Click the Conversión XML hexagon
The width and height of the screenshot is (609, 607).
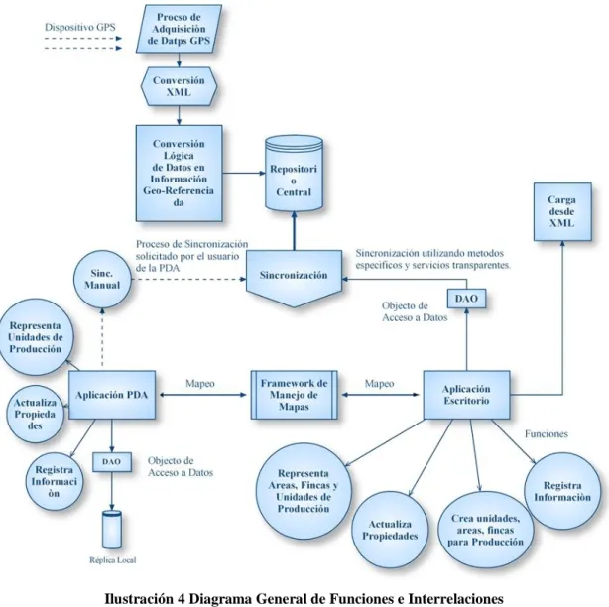179,86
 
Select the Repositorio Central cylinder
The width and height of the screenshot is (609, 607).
294,174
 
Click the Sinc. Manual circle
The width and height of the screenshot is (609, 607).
102,280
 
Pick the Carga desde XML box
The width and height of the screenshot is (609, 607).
562,211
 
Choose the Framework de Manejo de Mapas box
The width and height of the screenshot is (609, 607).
294,395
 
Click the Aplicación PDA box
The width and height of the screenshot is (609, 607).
112,395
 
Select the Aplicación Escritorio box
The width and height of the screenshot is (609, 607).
466,395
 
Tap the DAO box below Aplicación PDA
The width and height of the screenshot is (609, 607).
112,462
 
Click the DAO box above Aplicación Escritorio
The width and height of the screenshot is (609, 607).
466,299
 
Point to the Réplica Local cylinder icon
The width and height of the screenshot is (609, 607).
112,529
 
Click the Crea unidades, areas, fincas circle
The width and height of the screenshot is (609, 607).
485,530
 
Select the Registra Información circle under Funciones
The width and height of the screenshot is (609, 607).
562,491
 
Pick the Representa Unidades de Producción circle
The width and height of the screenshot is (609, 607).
36,336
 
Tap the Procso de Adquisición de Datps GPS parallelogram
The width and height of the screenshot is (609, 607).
179,29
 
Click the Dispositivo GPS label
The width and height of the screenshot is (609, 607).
80,27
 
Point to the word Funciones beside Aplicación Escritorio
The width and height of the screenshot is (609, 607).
547,433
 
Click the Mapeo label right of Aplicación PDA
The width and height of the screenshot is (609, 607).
200,383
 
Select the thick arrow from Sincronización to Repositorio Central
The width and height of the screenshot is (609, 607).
294,231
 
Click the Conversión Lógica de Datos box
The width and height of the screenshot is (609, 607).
180,174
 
